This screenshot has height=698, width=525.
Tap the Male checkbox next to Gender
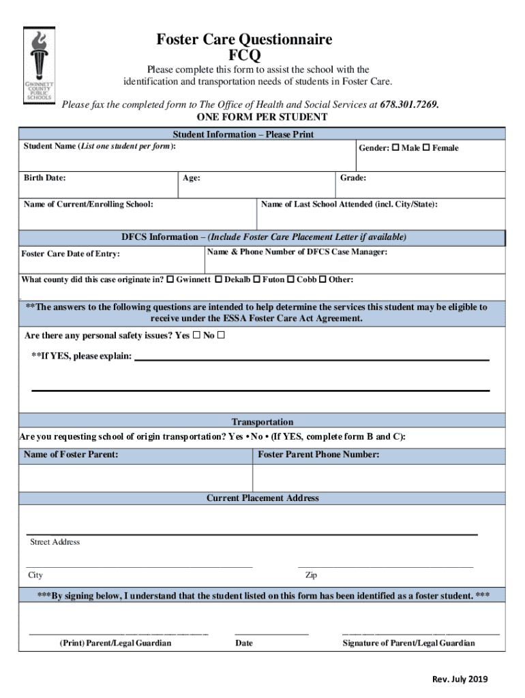pyautogui.click(x=395, y=148)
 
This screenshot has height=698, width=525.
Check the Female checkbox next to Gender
pyautogui.click(x=426, y=148)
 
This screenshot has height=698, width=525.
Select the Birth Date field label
pyautogui.click(x=45, y=178)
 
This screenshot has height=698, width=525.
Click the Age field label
pyautogui.click(x=191, y=179)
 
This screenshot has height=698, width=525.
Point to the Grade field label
pyautogui.click(x=352, y=178)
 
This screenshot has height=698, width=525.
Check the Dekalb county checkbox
pyautogui.click(x=218, y=279)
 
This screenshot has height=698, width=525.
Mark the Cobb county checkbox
pyautogui.click(x=290, y=279)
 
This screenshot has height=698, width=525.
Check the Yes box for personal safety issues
pyautogui.click(x=196, y=335)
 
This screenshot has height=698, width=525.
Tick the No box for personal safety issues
pyautogui.click(x=221, y=335)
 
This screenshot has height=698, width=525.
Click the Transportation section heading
pyautogui.click(x=262, y=422)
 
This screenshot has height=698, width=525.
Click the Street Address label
pyautogui.click(x=55, y=542)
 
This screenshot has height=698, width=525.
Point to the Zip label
pyautogui.click(x=311, y=575)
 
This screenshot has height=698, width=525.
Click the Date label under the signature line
pyautogui.click(x=244, y=643)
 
